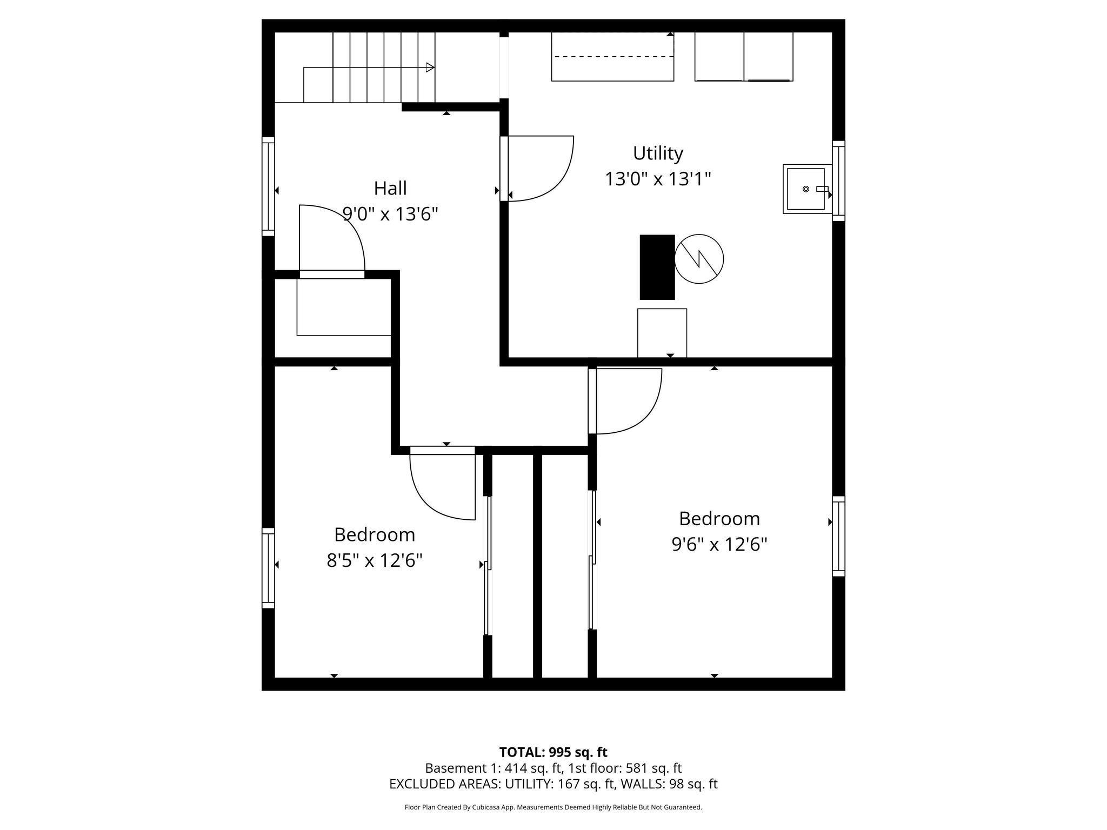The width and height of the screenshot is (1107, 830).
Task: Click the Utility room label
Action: (x=657, y=153)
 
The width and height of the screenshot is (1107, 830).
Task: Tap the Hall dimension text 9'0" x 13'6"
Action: (x=390, y=215)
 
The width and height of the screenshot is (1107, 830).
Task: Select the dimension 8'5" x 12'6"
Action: (x=374, y=560)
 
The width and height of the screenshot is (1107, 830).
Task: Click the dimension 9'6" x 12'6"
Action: (x=719, y=544)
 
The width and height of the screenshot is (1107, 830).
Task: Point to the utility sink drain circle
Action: (x=805, y=189)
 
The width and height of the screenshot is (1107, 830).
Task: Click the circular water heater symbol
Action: (x=699, y=259)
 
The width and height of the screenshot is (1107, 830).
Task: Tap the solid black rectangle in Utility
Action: (x=657, y=267)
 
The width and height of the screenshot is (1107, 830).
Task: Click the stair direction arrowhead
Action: (x=430, y=68)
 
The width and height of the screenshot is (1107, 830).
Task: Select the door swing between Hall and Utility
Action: (x=541, y=168)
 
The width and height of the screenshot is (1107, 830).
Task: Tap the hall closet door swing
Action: (x=332, y=238)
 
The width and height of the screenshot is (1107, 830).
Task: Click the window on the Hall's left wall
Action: (x=268, y=186)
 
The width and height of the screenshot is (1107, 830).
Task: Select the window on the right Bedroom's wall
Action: (x=838, y=536)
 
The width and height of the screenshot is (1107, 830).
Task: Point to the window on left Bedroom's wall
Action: (x=268, y=568)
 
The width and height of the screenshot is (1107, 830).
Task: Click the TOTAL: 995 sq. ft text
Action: (x=553, y=752)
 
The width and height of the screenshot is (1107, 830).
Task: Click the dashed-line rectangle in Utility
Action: (x=612, y=57)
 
